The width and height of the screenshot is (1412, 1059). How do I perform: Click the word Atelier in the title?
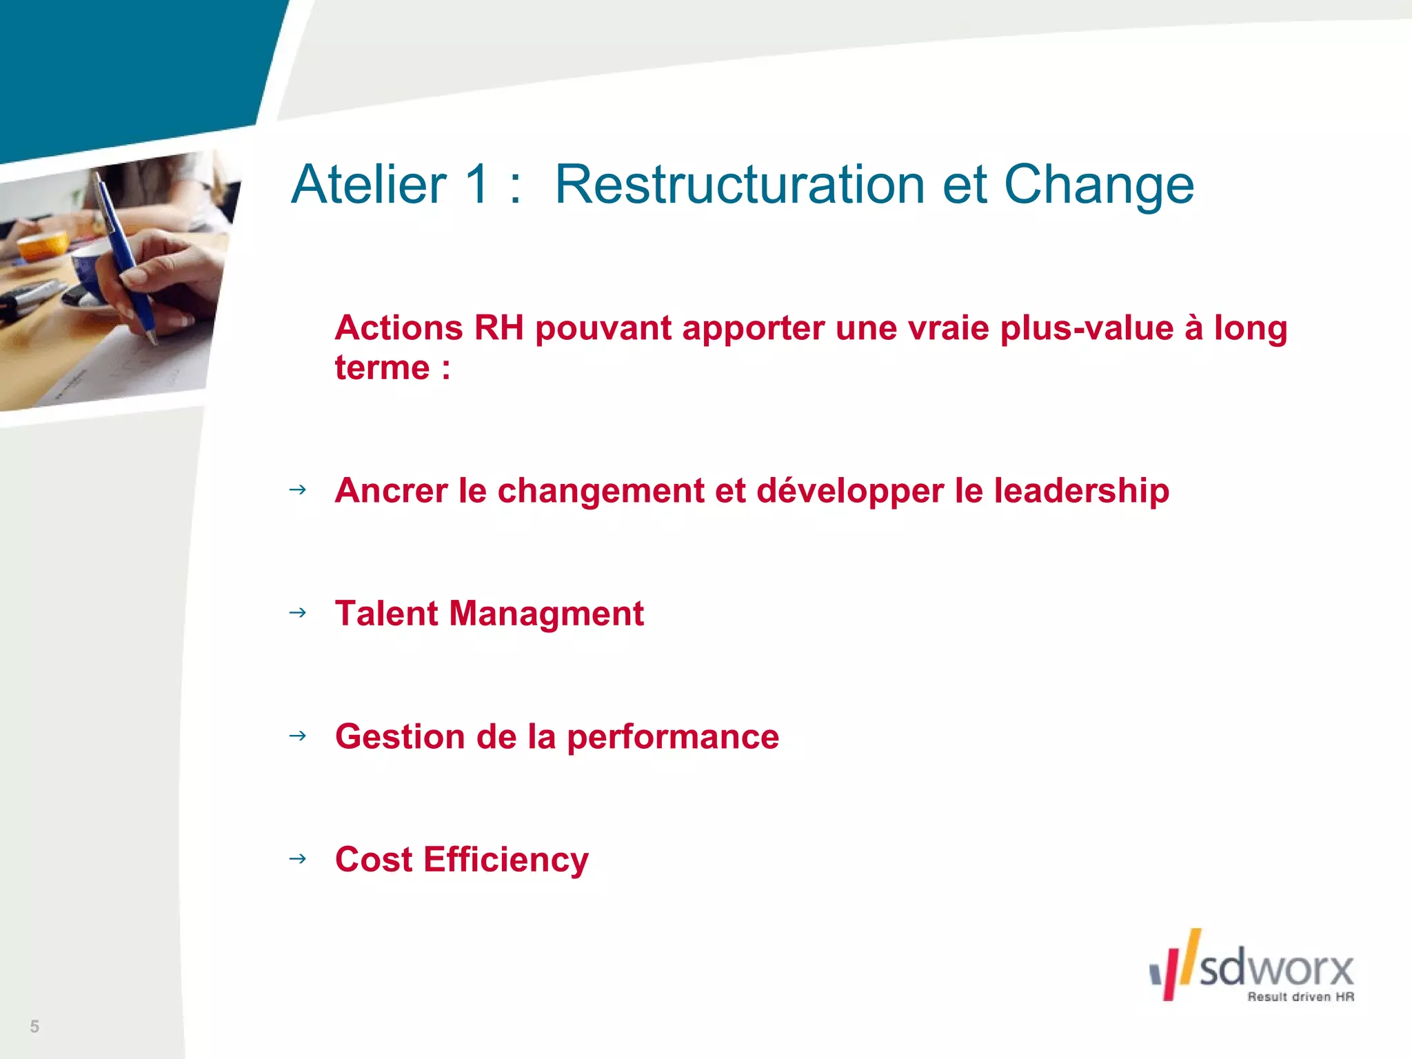tap(369, 185)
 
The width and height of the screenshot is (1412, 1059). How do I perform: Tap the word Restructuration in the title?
tap(739, 185)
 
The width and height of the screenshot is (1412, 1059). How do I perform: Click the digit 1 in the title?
tap(477, 185)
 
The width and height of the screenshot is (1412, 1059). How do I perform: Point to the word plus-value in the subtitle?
tap(1087, 327)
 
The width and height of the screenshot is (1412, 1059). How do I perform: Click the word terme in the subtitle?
tap(382, 367)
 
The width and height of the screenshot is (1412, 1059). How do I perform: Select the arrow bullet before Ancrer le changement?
tap(298, 490)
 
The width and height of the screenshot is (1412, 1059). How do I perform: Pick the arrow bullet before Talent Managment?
tap(298, 612)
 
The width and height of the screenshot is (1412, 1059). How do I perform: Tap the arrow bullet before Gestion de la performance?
tap(298, 736)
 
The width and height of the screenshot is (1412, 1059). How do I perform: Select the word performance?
tap(673, 737)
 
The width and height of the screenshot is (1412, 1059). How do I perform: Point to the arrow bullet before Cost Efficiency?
tap(298, 859)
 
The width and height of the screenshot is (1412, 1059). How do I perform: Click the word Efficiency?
tap(506, 860)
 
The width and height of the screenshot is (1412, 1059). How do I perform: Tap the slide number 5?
tap(34, 1027)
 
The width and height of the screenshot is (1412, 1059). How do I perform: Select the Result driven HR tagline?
tap(1300, 997)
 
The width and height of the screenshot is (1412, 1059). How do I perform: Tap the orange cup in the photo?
tap(43, 245)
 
